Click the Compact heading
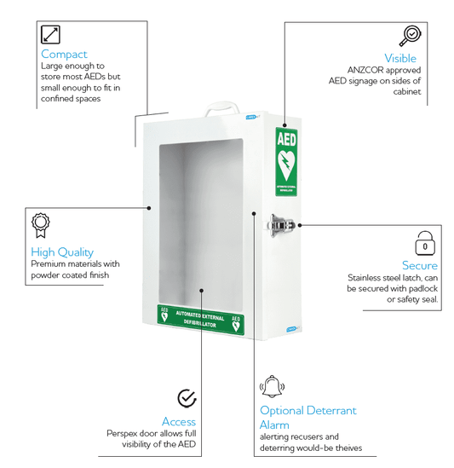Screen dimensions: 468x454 tap(65, 54)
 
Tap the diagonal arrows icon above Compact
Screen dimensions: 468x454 tap(51, 34)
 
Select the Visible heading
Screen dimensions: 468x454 tap(399, 58)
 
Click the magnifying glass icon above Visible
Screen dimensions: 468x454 tap(410, 36)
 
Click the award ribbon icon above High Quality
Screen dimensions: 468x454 tap(40, 225)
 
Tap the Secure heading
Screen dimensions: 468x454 tap(420, 265)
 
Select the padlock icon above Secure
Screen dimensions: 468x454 tap(426, 242)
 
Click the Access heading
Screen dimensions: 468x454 tap(179, 421)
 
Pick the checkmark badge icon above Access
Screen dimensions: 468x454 tap(187, 398)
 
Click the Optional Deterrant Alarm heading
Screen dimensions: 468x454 tap(307, 418)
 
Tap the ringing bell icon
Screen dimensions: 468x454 tap(272, 387)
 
